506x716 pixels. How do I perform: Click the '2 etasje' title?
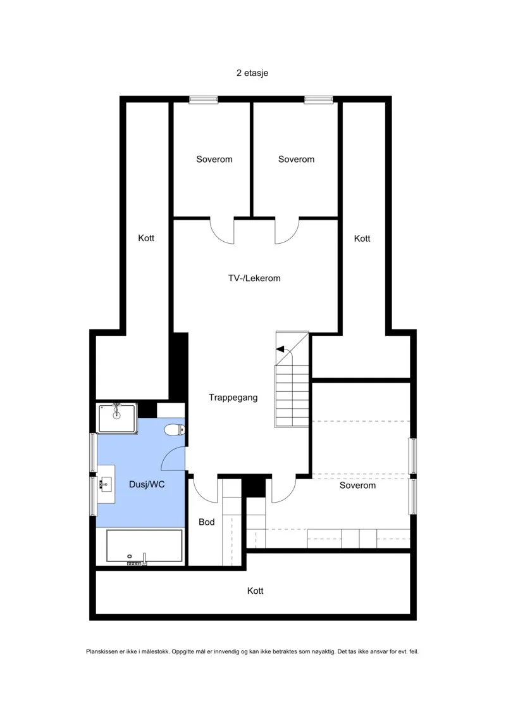252,73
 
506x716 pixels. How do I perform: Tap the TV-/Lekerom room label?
254,278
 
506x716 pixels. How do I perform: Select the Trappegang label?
233,398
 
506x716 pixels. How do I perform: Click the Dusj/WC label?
147,484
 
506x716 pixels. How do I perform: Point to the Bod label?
207,522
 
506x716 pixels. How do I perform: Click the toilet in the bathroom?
174,429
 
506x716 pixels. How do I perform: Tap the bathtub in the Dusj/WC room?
144,546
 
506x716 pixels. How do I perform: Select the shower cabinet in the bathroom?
117,418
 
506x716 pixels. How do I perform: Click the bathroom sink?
106,484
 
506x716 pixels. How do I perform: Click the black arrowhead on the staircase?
280,350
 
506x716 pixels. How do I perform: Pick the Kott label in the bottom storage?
256,591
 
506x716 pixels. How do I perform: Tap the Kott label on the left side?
147,239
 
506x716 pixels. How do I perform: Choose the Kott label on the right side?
362,239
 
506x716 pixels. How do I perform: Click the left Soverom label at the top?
214,160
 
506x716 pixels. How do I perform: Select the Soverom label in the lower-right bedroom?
358,486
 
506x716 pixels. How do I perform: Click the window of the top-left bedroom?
204,99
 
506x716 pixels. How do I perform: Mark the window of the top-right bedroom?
319,99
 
